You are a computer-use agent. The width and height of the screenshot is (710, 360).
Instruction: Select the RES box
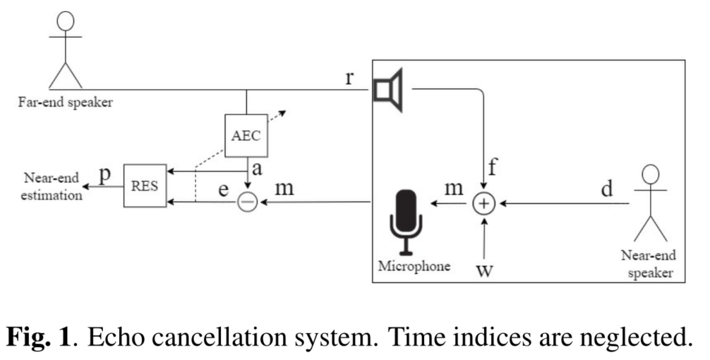tap(145, 186)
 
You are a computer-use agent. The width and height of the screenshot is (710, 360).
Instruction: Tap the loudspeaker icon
tap(389, 90)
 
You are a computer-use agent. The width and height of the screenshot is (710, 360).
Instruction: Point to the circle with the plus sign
tap(483, 203)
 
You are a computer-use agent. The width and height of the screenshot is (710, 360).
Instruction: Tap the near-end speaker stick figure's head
tap(651, 175)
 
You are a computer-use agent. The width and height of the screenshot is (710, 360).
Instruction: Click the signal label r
tap(349, 77)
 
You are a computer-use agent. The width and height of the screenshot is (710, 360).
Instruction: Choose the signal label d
tap(606, 189)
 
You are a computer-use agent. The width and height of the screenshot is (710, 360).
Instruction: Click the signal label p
tap(106, 175)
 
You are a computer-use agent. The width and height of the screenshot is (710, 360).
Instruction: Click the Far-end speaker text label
tap(66, 103)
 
